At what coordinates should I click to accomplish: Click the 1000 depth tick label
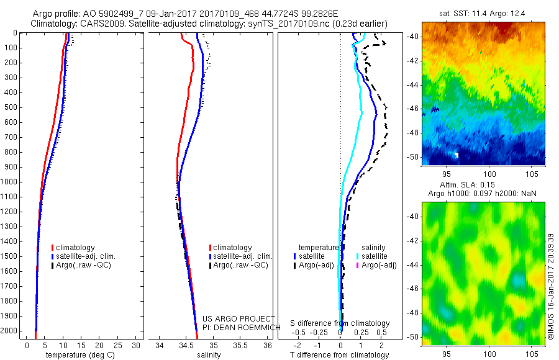click(9, 182)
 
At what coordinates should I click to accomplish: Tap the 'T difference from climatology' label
click(340, 355)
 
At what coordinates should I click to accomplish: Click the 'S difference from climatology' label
click(340, 323)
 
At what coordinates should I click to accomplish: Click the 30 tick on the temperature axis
click(137, 345)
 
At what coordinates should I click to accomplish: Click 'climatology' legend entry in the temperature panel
click(76, 248)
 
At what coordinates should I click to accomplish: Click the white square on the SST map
click(457, 154)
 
